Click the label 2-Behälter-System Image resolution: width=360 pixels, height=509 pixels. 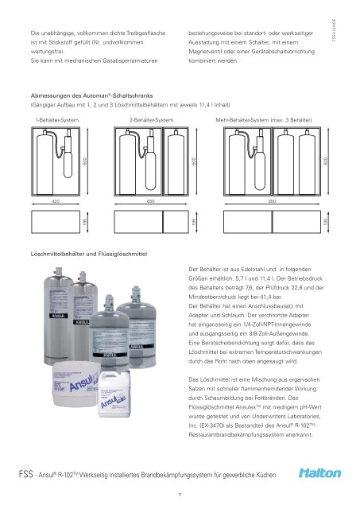click(151, 119)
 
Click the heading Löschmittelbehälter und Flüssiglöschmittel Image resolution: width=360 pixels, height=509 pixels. click(89, 252)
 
